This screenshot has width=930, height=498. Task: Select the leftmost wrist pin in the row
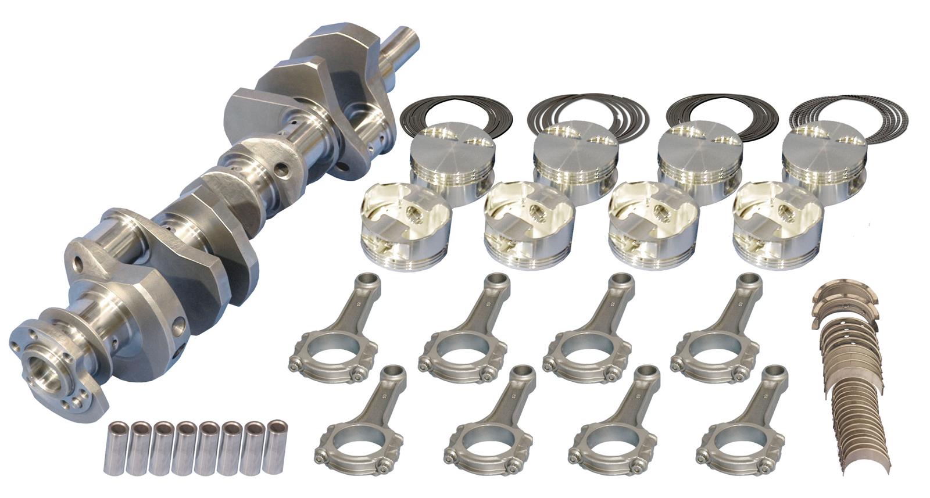point(115,449)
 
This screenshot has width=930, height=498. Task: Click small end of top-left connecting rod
point(370,281)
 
